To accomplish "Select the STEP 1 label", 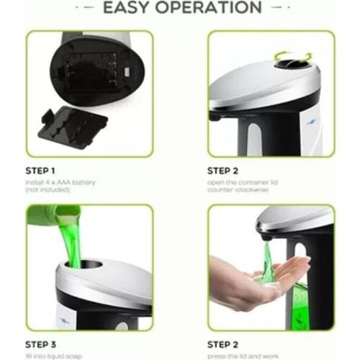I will (45, 171).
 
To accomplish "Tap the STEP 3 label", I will (45, 345).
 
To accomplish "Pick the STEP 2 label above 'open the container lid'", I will (228, 171).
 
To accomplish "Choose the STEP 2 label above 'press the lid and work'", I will (228, 345).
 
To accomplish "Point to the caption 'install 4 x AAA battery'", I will (60, 183).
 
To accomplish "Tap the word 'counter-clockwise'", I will (238, 192).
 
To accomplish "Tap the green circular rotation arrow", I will (296, 58).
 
